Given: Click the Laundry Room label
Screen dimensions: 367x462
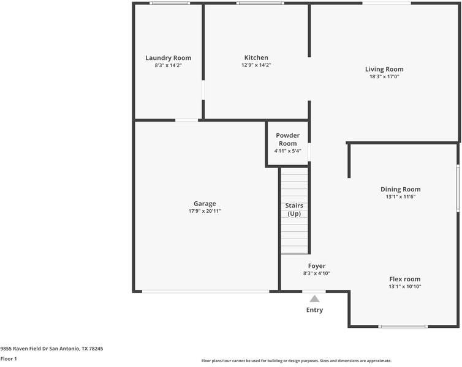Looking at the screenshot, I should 169,58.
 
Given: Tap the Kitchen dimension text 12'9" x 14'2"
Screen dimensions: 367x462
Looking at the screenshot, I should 256,65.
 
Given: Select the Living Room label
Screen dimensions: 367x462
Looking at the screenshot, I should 384,69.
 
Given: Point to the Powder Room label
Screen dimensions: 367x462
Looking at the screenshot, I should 287,139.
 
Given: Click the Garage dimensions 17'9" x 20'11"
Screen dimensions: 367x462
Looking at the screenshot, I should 205,211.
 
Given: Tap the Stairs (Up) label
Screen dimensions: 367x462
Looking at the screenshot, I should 294,209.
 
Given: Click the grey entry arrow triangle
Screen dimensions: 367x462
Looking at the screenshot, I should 314,299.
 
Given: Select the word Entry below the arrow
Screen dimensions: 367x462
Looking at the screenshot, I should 314,310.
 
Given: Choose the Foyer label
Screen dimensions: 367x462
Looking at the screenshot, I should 317,266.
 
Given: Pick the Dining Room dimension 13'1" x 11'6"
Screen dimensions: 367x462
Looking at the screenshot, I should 401,197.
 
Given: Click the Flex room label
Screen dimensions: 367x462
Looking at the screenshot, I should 404,279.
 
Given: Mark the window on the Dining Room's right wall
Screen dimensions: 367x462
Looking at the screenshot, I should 458,188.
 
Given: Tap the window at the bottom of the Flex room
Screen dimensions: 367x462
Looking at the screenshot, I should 403,326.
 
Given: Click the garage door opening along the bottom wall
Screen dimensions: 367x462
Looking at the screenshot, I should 205,291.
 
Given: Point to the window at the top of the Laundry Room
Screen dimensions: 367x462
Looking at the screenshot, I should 170,3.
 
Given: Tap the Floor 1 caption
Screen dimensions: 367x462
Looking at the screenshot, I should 9,359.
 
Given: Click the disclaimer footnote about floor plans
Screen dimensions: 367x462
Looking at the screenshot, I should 296,361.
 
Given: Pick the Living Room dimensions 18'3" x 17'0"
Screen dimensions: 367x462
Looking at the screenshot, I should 384,77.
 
